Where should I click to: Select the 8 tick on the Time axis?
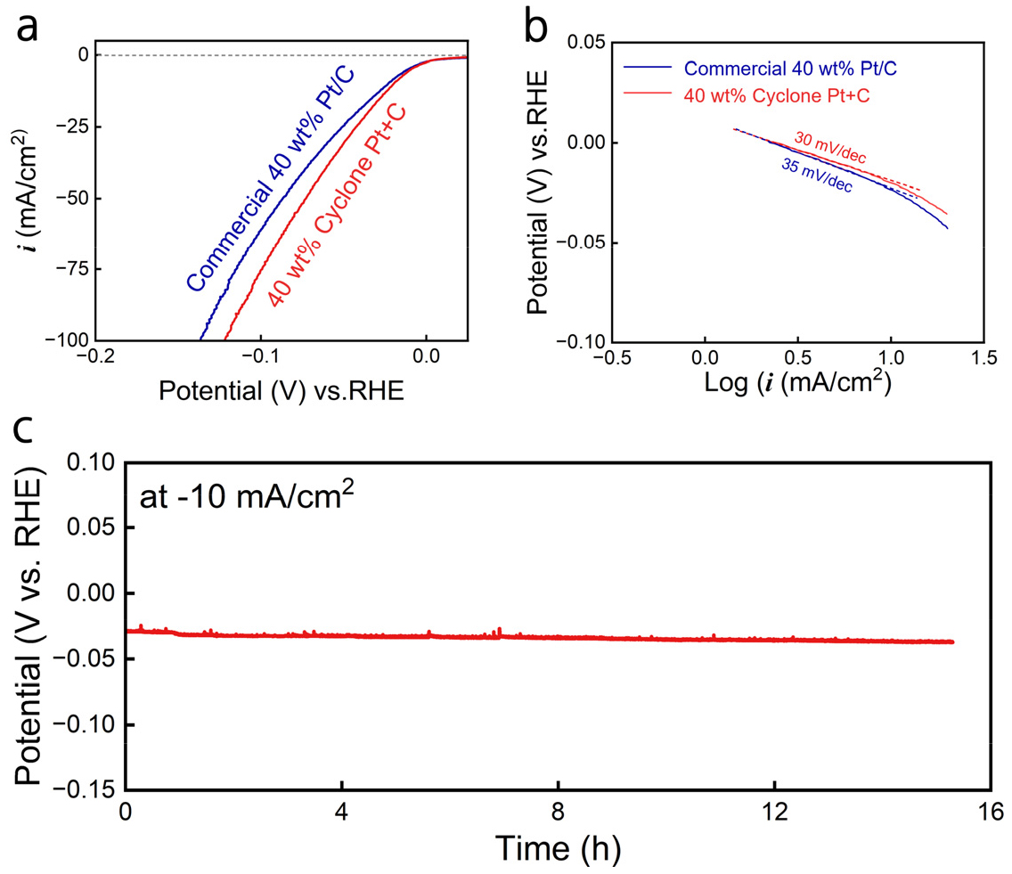pyautogui.click(x=559, y=812)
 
